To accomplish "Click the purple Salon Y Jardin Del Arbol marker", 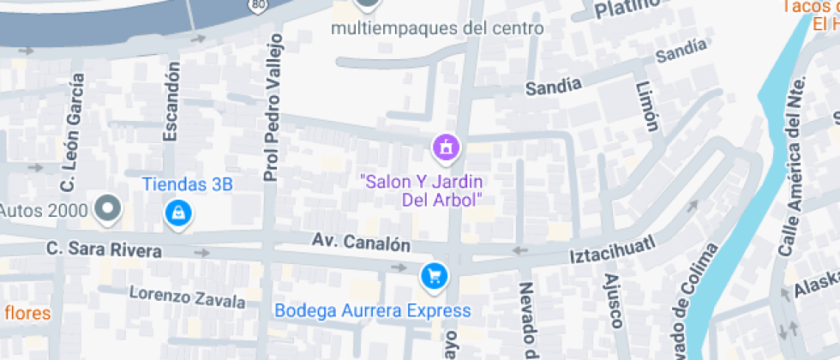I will (x=446, y=147).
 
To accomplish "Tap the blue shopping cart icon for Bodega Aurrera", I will (x=434, y=275).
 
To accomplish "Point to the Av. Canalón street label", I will (x=362, y=243).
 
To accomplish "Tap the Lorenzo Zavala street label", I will (x=187, y=297).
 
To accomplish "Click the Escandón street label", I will (x=171, y=100).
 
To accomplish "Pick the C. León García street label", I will (x=73, y=133).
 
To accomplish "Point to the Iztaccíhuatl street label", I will (x=613, y=249).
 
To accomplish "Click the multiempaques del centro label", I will (x=437, y=28).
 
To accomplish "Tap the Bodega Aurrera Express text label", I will (x=372, y=310).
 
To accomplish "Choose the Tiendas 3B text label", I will (x=187, y=183).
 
